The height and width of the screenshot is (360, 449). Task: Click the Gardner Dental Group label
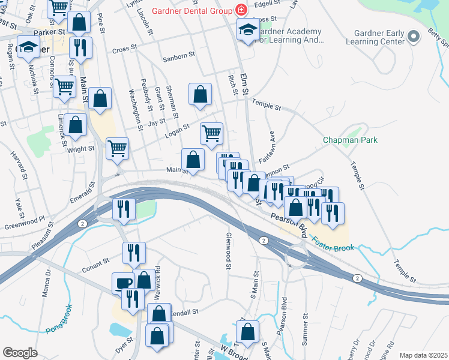(x=193, y=10)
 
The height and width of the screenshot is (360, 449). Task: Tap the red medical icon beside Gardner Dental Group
(x=241, y=10)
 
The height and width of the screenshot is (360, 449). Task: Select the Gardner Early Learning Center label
(x=375, y=38)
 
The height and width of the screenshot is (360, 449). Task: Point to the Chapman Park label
(x=350, y=140)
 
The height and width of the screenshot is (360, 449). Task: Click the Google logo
(x=19, y=353)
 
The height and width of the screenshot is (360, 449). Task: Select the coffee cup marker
(x=124, y=283)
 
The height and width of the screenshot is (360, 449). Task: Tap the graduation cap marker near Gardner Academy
(x=247, y=29)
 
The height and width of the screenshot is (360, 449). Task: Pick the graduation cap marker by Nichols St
(x=28, y=47)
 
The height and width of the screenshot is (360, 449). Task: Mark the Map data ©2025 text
(x=423, y=355)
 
